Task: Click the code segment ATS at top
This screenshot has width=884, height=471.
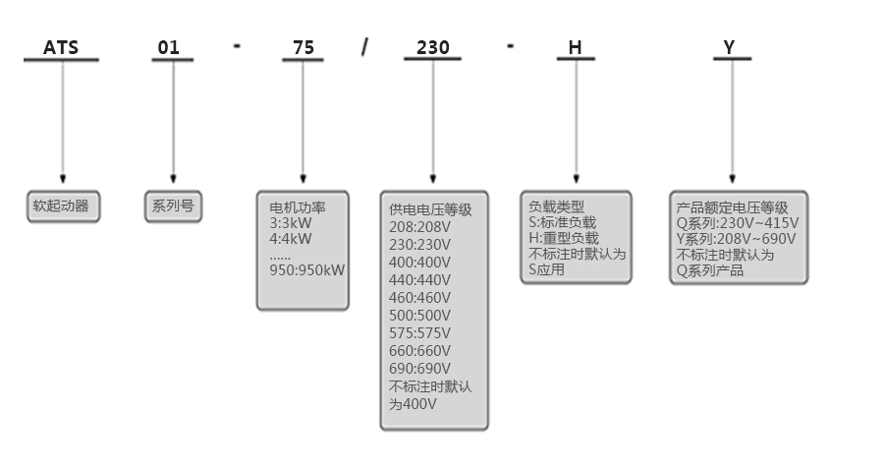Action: coord(61,47)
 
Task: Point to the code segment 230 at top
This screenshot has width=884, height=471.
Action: coord(432,47)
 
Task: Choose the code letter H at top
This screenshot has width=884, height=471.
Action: coord(576,47)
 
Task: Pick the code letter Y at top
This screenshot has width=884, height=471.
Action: coord(729,47)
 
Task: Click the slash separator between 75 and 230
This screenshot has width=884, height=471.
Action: coord(365,47)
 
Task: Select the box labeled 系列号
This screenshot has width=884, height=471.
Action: coord(173,206)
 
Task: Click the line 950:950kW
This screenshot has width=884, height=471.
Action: coord(307,270)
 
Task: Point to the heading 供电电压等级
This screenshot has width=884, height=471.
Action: coord(430,209)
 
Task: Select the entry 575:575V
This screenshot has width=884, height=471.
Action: coord(420,332)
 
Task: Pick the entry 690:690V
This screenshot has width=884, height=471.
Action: coord(420,368)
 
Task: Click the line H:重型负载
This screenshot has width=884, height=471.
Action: coord(563,238)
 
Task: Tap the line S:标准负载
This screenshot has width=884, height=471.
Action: coord(562,223)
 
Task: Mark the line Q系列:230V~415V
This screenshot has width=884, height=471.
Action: coord(738,223)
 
